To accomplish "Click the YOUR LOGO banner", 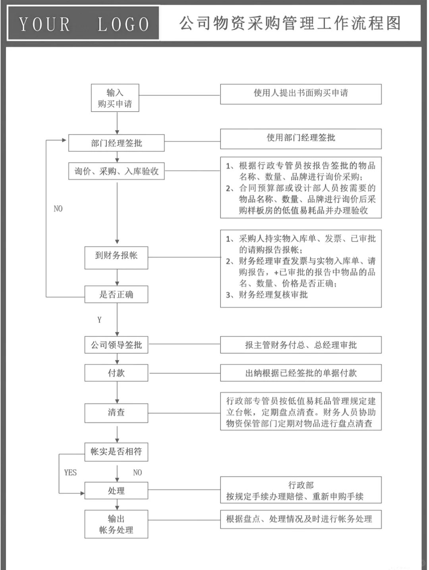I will pos(83,23).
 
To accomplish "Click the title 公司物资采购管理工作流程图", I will pos(290,23).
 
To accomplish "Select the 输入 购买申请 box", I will pos(115,98).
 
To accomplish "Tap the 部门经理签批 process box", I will pos(116,143).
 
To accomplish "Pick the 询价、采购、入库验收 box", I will pos(116,171).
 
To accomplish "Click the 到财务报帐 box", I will pos(116,257).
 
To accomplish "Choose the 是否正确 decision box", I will pos(116,294).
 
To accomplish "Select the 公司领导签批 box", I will pos(116,345).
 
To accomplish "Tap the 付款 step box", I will pos(116,373).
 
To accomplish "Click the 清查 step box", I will pos(116,413).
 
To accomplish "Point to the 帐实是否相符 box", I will pos(116,452).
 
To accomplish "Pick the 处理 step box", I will pos(116,491).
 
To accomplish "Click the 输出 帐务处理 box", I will pos(116,524).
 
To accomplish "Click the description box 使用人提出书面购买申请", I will pos(301,94).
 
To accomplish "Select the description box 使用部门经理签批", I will pos(301,139).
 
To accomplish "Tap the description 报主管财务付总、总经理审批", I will pos(301,345).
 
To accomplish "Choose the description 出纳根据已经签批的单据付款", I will pos(301,373).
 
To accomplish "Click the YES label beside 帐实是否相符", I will pos(70,472).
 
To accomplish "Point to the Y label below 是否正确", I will pos(99,320).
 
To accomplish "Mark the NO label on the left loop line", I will pos(58,209).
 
